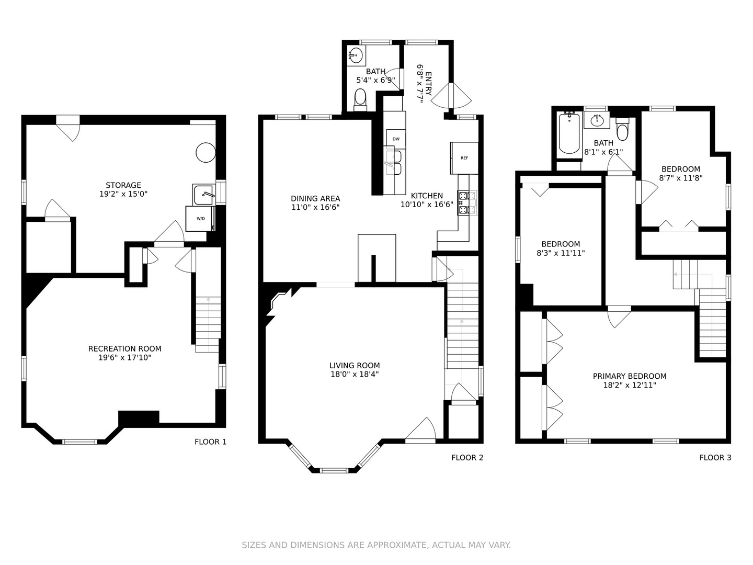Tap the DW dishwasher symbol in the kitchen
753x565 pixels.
pos(396,139)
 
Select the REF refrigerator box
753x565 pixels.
pos(464,158)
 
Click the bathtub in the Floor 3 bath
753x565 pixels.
pos(569,134)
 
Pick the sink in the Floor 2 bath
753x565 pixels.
pos(356,55)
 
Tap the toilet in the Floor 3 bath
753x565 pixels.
pos(622,129)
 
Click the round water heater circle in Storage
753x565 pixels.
pos(206,152)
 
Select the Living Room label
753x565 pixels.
pos(355,366)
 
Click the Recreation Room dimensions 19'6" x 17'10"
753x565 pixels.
pos(125,358)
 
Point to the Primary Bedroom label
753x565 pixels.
pos(630,376)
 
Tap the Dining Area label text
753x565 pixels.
pos(315,199)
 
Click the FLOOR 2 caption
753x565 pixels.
pos(467,458)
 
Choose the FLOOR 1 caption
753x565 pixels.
pos(210,442)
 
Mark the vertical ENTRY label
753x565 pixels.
pos(428,83)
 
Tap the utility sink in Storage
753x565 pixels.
pos(204,194)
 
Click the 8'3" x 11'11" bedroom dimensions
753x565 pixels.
pos(561,254)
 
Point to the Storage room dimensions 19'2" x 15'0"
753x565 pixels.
pos(123,194)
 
